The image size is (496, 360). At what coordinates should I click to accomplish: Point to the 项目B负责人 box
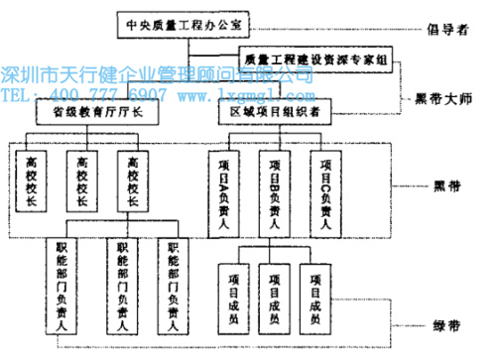click(276, 189)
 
